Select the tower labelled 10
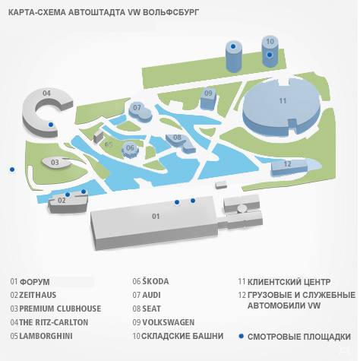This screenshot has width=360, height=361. [270, 52]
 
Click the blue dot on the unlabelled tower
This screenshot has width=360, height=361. [233, 46]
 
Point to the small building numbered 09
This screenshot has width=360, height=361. [208, 99]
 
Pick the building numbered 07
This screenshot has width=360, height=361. [140, 112]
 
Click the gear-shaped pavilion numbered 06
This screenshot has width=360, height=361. [130, 150]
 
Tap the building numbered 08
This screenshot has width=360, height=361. [181, 143]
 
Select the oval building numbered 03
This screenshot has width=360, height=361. [56, 163]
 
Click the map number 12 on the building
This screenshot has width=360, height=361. [287, 164]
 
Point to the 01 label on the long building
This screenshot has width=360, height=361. [156, 216]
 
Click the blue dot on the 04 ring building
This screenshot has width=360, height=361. [51, 125]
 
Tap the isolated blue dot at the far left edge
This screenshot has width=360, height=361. [12, 169]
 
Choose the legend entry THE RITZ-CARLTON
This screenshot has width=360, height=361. [54, 322]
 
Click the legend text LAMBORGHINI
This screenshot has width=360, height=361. [46, 336]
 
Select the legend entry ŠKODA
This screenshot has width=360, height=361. [156, 281]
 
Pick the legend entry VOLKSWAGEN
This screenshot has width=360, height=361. [169, 322]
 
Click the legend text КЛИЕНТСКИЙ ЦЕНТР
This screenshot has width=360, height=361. [289, 282]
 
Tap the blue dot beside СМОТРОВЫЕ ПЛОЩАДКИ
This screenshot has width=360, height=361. [242, 336]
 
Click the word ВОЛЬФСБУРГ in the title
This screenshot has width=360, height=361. [171, 12]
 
